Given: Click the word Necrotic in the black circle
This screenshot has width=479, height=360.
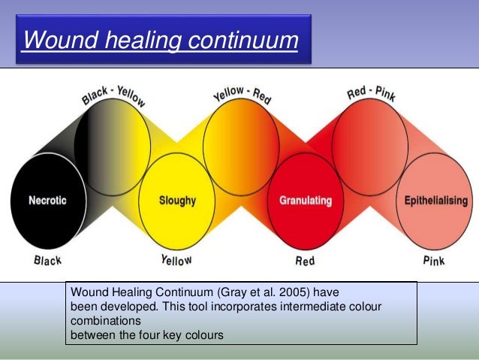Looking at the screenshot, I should click(48, 201).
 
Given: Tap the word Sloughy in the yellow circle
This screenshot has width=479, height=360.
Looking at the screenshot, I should click(176, 201).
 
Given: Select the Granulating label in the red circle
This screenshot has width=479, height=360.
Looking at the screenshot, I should click(306, 201).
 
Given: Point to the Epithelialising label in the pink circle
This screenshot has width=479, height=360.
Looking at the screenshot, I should click(435, 201).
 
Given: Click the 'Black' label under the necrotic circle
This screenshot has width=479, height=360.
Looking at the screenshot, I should click(47, 261).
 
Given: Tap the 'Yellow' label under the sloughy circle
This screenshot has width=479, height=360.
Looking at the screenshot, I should click(176, 261).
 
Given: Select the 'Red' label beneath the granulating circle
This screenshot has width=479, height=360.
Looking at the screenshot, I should click(306, 261).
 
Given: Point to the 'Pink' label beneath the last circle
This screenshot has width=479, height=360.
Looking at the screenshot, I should click(434, 261).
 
